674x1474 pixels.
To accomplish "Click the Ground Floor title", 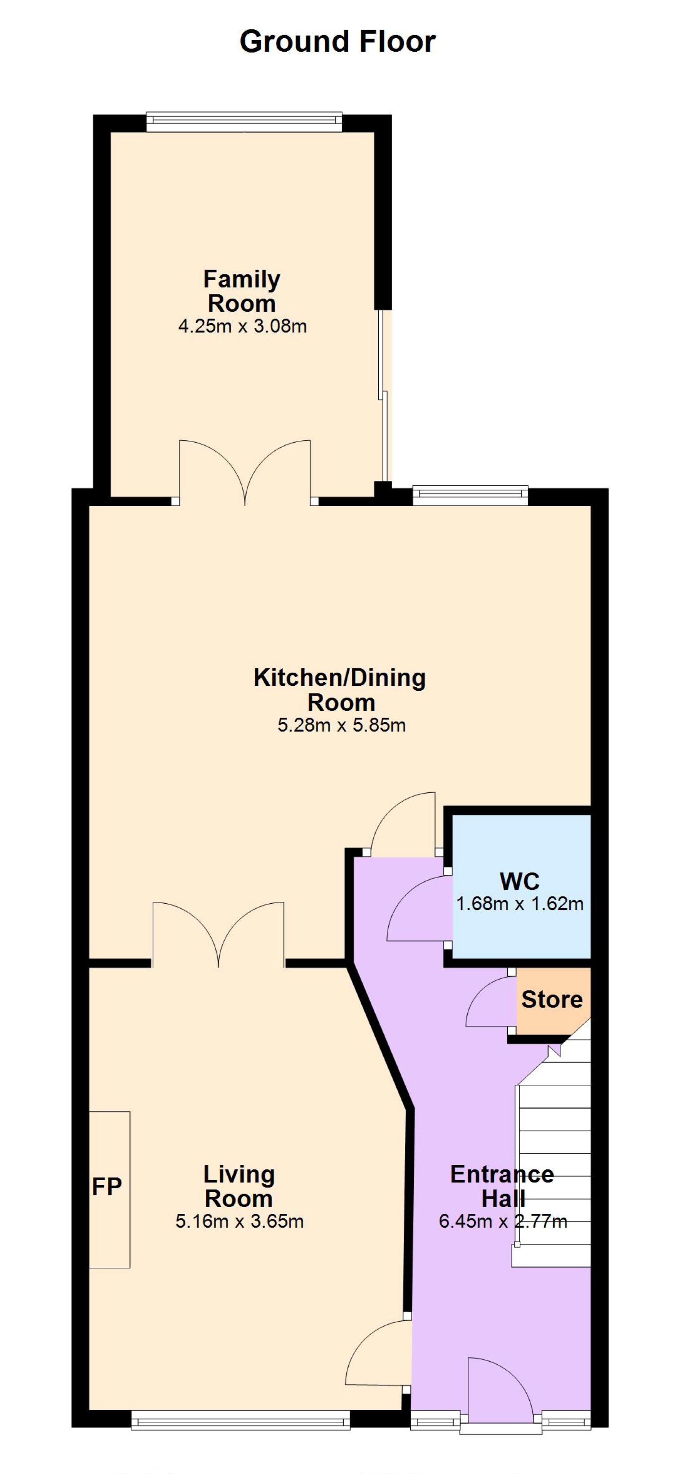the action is [337, 42].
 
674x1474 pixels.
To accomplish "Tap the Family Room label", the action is [242, 291].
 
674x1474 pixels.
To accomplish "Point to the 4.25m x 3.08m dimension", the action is [243, 326].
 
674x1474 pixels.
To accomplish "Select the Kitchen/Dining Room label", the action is [340, 689].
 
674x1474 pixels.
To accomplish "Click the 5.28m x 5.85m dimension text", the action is [341, 725].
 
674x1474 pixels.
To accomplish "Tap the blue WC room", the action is [521, 886].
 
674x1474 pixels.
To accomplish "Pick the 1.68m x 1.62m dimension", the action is [519, 904].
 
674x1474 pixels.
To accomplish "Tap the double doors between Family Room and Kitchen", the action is [245, 473].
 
